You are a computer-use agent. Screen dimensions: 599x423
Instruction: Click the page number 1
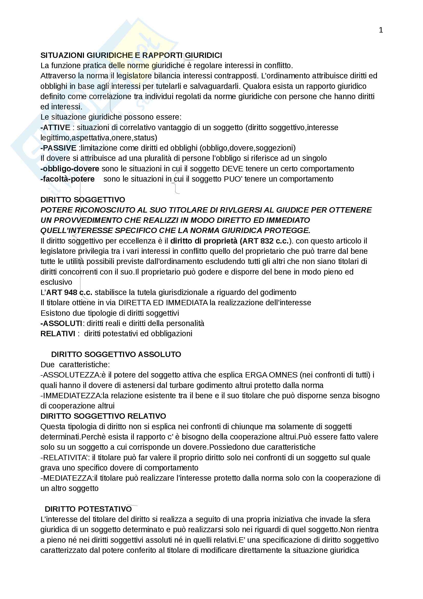point(381,30)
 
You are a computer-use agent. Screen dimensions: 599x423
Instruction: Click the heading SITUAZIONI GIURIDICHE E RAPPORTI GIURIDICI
point(131,55)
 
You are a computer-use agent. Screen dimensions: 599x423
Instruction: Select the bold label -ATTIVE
point(55,127)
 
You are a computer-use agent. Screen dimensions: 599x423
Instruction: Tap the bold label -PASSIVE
point(58,148)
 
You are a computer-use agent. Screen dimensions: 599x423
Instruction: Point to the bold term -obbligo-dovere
point(70,169)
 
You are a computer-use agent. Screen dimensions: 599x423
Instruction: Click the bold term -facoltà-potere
point(68,179)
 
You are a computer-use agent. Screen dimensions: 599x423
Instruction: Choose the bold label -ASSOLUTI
point(61,323)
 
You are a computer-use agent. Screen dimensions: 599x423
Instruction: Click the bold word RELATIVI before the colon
point(58,334)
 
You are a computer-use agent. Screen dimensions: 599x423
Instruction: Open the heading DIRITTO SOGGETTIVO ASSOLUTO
point(116,354)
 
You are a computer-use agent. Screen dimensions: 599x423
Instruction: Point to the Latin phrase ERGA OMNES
point(271,375)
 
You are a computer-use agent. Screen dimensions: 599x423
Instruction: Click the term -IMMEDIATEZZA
point(71,395)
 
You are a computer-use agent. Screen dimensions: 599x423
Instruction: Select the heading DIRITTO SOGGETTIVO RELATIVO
point(103,416)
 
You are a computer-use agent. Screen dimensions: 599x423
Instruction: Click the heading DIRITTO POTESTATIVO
point(88,509)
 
